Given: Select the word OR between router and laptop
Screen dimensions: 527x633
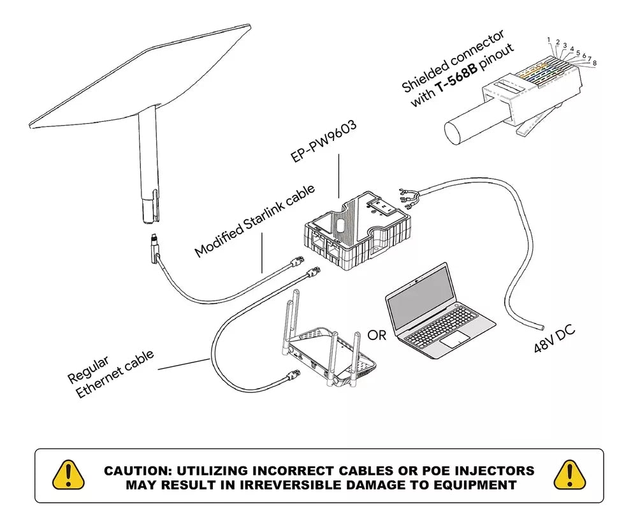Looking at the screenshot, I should pos(377,336).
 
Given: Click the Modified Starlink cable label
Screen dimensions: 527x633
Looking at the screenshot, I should pos(254,220).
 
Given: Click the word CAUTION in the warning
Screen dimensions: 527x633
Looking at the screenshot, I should pos(136,471).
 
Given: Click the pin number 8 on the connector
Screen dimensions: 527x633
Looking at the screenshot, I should pos(594,63).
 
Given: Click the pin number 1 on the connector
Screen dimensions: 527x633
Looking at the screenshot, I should pos(548,40).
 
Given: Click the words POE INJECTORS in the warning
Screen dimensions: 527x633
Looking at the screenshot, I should pos(478,471).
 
